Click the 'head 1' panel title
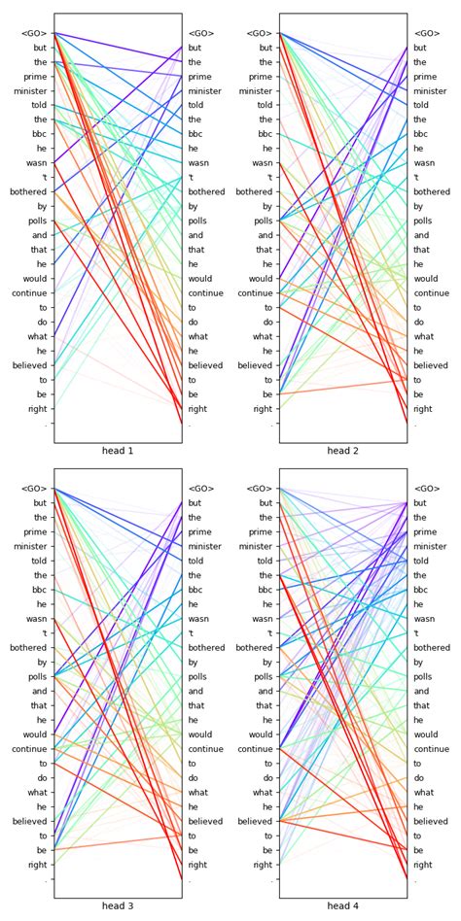117,451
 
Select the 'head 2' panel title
342,451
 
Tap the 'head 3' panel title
117,906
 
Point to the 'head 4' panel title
342,906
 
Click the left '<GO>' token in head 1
34,33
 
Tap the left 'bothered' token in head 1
27,192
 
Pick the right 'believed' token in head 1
205,365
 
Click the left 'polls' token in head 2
263,222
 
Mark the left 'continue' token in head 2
256,293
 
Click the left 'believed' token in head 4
256,821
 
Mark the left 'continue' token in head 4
256,749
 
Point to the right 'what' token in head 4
424,793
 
